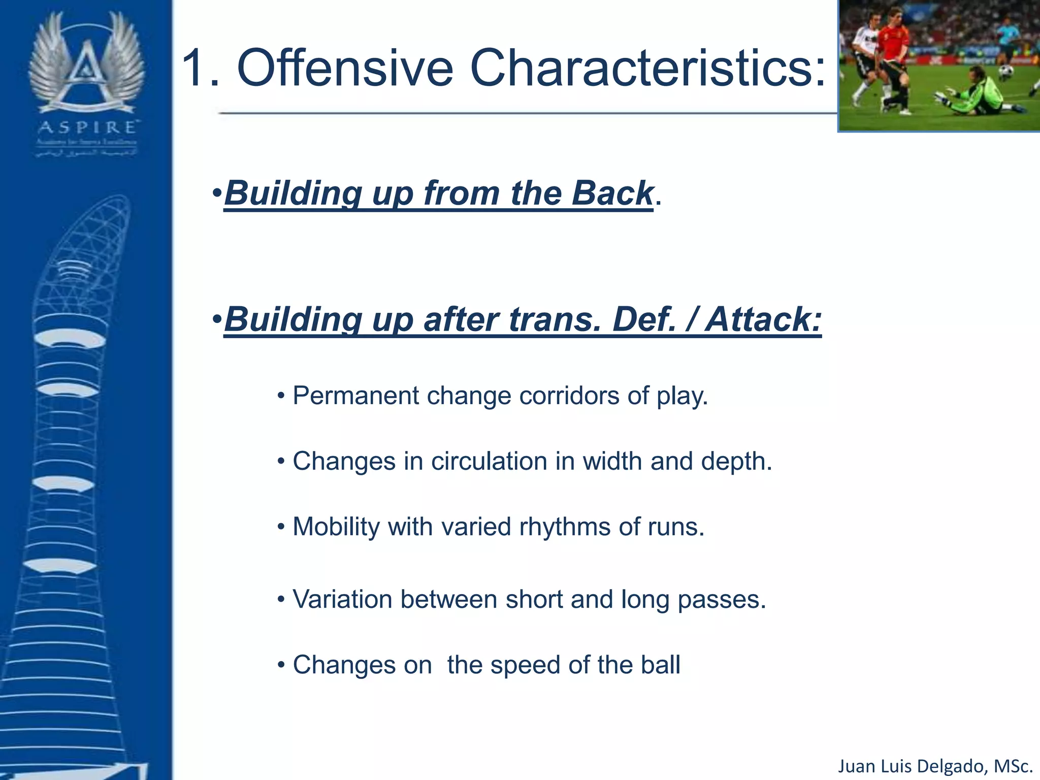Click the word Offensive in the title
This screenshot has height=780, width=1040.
(345, 69)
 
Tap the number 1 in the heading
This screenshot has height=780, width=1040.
(196, 69)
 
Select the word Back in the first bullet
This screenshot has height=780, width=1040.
(612, 193)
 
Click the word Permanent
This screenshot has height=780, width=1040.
(355, 396)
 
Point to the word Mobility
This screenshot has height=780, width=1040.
(336, 527)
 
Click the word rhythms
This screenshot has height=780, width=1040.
(564, 527)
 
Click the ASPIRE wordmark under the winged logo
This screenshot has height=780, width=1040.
(87, 127)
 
